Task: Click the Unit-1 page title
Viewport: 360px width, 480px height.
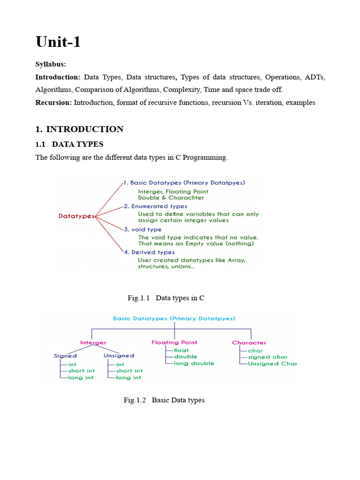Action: pos(58,42)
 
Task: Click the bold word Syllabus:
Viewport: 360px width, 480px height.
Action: pos(51,64)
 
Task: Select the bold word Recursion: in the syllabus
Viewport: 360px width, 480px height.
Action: pos(54,103)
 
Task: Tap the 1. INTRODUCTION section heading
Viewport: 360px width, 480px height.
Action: pos(80,129)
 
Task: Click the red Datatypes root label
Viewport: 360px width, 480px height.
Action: pos(76,216)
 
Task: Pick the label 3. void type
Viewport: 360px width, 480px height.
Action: pos(143,230)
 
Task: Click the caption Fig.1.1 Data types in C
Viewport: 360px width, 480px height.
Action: pos(166,298)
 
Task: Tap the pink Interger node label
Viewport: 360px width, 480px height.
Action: pos(93,343)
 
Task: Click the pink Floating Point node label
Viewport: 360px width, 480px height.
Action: pos(174,343)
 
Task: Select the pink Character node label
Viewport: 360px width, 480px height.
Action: pos(249,343)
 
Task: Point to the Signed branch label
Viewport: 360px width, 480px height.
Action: pos(65,356)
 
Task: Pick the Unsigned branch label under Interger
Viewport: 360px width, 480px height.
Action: pos(119,356)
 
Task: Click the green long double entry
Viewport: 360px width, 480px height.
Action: pos(194,363)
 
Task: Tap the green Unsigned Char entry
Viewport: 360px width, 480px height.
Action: pos(272,364)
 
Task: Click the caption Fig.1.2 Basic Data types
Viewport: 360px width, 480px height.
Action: pos(164,400)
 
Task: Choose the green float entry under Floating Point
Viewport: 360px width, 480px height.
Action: pos(181,350)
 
